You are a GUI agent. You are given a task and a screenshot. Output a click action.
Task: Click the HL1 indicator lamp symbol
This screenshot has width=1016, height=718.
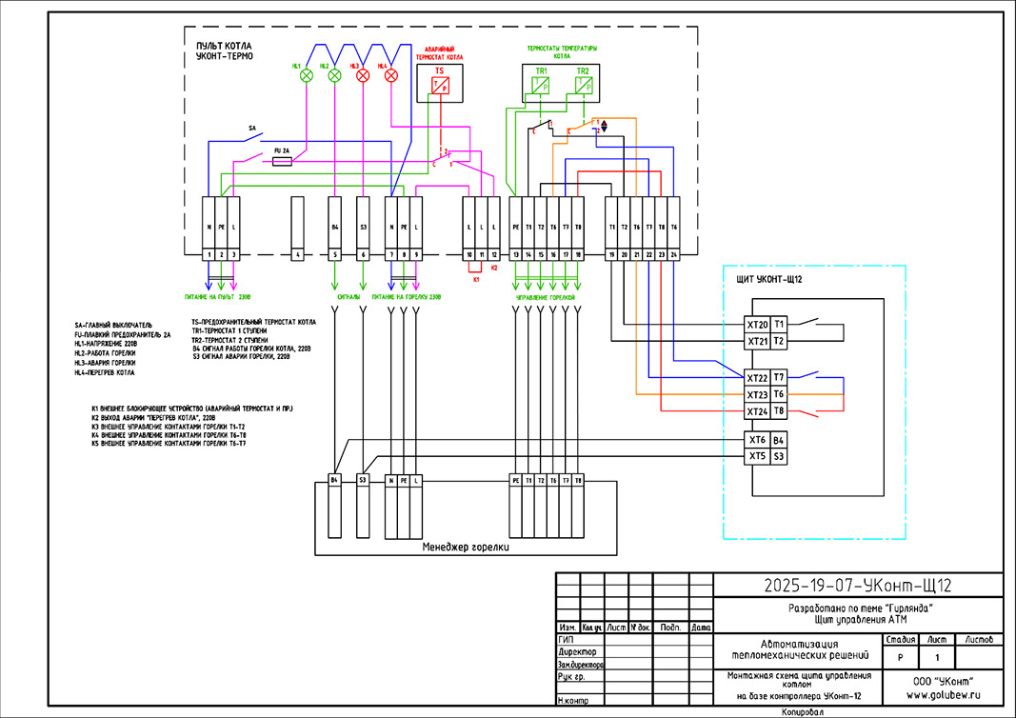point(307,75)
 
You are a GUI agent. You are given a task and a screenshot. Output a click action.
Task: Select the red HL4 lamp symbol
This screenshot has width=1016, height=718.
point(389,75)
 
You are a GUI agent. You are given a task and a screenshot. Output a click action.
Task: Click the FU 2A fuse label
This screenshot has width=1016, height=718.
point(281,150)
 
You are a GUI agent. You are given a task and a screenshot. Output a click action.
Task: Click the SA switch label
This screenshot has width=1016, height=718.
point(252,127)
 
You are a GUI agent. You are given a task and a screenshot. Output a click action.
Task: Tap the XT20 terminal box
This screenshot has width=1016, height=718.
point(757,325)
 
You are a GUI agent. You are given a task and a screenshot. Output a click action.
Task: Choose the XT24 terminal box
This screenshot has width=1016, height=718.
point(757,411)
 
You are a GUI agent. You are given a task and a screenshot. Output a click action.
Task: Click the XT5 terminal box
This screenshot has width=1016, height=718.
point(757,457)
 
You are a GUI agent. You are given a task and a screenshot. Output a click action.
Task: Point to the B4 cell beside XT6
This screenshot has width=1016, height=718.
point(779,440)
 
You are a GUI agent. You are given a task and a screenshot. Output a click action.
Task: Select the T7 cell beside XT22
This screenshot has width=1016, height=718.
point(779,377)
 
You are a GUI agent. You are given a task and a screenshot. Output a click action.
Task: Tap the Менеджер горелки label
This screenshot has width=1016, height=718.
point(467,548)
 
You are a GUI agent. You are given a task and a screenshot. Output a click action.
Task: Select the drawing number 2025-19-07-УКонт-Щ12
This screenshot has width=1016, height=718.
point(859,585)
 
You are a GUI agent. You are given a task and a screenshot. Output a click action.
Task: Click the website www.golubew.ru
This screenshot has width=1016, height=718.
point(944,695)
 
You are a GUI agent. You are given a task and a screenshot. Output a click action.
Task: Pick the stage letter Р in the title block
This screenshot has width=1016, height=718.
point(900,658)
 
